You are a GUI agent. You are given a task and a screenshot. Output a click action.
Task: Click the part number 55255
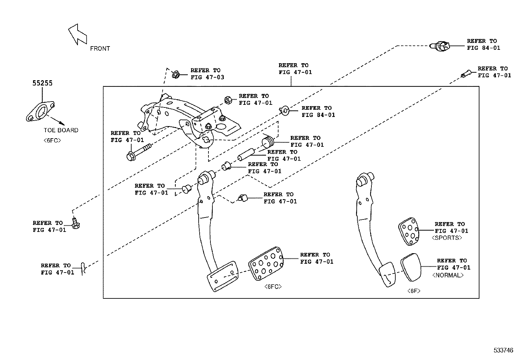(42, 83)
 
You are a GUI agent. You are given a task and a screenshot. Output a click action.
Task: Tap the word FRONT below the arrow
(100, 48)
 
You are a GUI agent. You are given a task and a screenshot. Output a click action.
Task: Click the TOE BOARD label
(61, 130)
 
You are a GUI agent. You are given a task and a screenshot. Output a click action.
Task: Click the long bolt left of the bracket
(139, 151)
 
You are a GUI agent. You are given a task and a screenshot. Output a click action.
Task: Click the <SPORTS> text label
(447, 238)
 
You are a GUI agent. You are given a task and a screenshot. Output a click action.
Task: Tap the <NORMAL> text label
(448, 275)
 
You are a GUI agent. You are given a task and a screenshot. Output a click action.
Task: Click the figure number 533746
(503, 350)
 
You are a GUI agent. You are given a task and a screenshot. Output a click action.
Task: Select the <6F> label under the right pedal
(414, 291)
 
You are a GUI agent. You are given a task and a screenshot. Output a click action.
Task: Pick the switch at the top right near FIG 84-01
(440, 47)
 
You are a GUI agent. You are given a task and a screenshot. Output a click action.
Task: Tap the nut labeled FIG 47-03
(175, 74)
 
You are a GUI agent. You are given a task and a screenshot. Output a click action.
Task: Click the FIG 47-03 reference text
(207, 77)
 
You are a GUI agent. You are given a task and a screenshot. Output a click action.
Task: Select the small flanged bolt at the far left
(76, 223)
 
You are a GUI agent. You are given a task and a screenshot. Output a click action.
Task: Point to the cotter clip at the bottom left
(83, 268)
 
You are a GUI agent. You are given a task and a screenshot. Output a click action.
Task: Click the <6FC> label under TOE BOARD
(52, 141)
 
